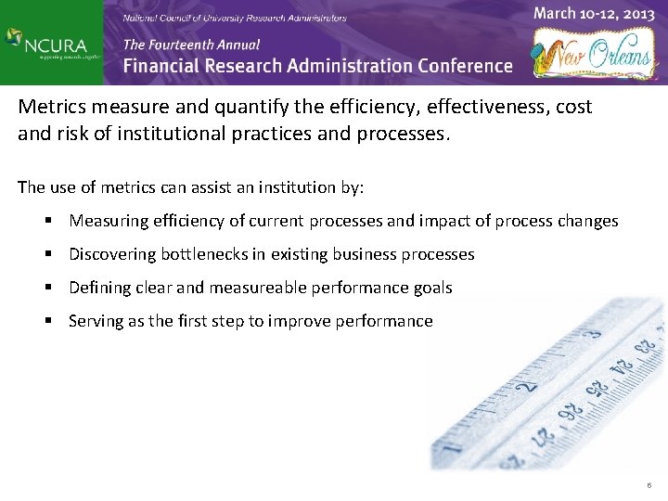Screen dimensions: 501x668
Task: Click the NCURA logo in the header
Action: (x=50, y=43)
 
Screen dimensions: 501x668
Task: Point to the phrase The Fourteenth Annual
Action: (x=191, y=44)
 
